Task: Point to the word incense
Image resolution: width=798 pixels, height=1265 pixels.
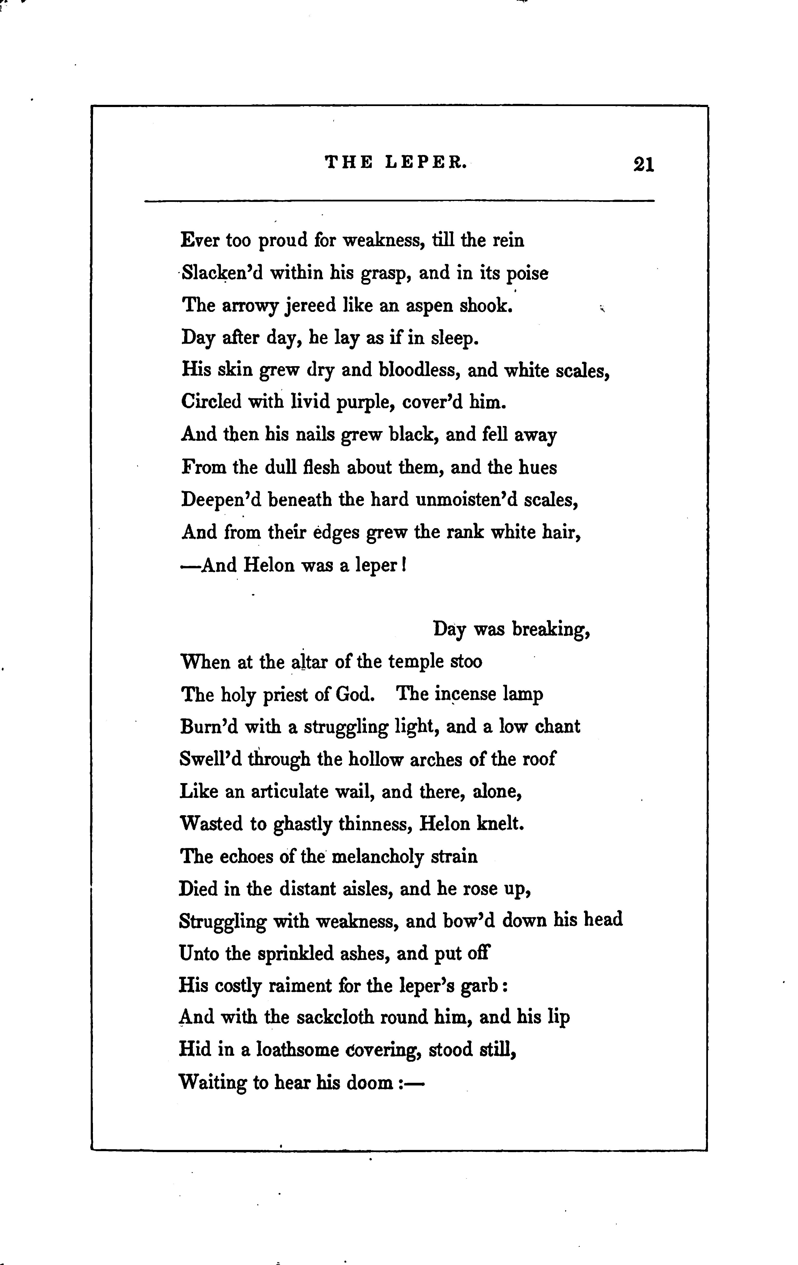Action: [466, 695]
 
